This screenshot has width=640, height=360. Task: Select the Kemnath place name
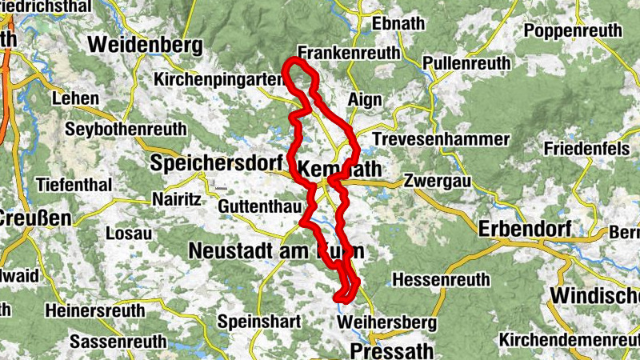pyautogui.click(x=339, y=169)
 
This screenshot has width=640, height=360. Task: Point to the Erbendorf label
pyautogui.click(x=524, y=229)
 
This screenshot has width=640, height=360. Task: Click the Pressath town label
pyautogui.click(x=392, y=350)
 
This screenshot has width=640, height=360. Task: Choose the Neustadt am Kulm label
pyautogui.click(x=276, y=250)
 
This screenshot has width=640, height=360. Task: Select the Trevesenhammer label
pyautogui.click(x=440, y=139)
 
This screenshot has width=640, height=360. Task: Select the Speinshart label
pyautogui.click(x=260, y=322)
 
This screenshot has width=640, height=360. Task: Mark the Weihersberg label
pyautogui.click(x=387, y=322)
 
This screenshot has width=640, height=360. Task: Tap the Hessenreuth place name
pyautogui.click(x=441, y=280)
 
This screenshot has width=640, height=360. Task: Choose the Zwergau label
pyautogui.click(x=433, y=180)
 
